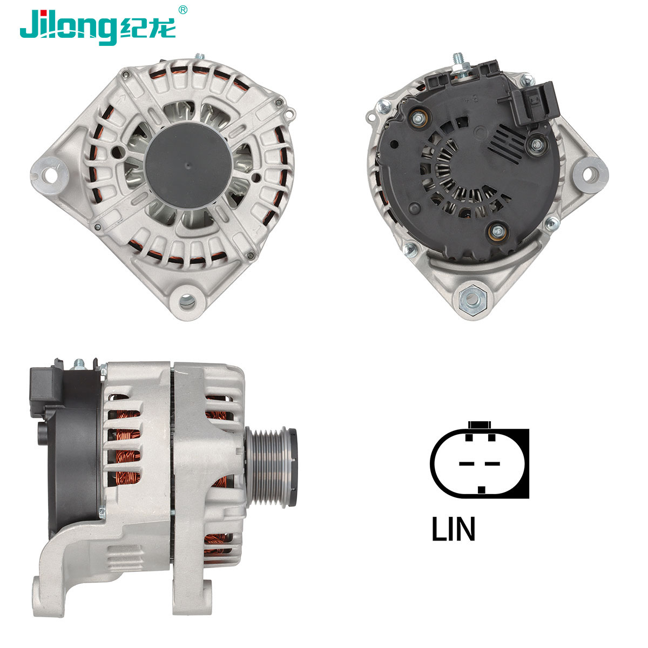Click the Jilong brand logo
point(98,27)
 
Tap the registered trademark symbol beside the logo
point(183,10)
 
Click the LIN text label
point(453,529)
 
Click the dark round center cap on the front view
point(188,165)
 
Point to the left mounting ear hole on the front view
point(50,175)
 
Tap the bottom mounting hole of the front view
point(187,301)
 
